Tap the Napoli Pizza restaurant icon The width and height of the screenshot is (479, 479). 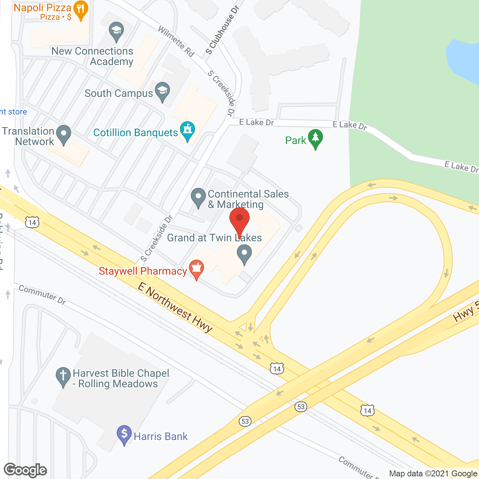[x=80, y=10]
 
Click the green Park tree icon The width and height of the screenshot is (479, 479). [x=315, y=139]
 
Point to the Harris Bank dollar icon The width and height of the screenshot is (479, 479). [x=124, y=435]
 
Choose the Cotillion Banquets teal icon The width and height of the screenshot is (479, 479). [x=187, y=131]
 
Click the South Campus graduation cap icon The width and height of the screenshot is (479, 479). [x=162, y=92]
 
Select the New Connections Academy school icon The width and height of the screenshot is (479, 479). [x=116, y=32]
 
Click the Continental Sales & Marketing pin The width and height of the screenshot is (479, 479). [x=198, y=198]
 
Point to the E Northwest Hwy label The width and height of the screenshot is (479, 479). [x=175, y=307]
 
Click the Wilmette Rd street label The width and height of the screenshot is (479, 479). [x=176, y=41]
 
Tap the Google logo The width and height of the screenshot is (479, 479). [x=25, y=470]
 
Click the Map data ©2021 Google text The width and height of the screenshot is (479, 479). [x=433, y=474]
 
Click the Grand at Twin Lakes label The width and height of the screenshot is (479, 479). [x=214, y=238]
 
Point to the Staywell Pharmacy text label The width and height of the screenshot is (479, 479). [x=143, y=271]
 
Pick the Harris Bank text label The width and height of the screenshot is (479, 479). [x=161, y=436]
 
